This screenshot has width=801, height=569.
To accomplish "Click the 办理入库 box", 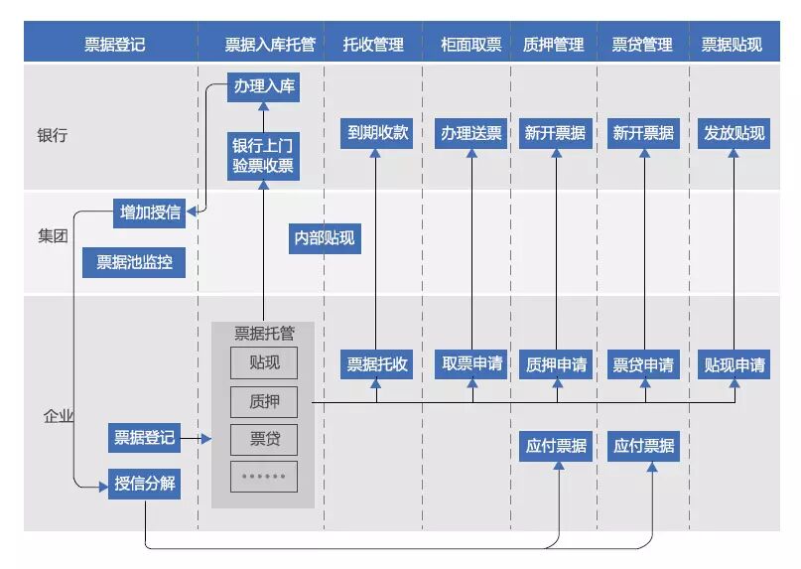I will (263, 86).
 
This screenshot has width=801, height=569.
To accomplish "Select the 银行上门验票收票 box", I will (263, 155).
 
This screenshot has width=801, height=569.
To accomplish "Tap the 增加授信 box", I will (150, 212).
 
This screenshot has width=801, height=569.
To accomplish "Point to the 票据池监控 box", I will (134, 263).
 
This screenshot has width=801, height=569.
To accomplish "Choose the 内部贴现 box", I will (324, 238).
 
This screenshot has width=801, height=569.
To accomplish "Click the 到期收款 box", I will (377, 132).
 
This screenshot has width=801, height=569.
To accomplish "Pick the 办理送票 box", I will (471, 132).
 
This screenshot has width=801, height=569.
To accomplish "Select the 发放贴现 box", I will (734, 132).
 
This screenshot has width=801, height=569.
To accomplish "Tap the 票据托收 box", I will (377, 364).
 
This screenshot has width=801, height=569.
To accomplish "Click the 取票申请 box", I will (471, 364).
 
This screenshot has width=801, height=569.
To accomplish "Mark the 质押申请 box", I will (556, 364).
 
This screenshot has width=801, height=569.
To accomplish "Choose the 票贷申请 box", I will (643, 364).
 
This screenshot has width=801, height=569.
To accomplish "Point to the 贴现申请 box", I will (734, 364).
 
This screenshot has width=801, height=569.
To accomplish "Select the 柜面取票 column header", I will (471, 45).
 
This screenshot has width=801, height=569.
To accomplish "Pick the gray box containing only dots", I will (263, 477).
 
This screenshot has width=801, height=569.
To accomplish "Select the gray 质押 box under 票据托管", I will (263, 401).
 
